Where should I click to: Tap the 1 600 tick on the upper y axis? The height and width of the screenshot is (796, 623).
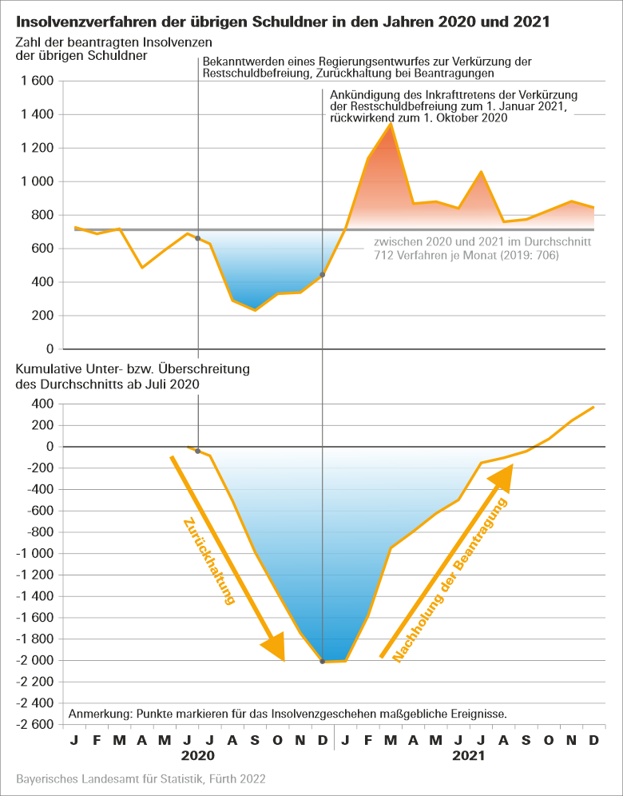tap(36, 82)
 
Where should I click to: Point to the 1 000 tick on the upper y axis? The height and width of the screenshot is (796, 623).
tap(36, 181)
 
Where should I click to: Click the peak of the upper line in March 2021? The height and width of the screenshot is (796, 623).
tap(391, 124)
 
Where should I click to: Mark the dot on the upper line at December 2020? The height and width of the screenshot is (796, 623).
tap(322, 275)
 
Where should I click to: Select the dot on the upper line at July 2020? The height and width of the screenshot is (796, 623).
tap(197, 238)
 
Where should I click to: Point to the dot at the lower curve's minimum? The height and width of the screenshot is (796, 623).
tap(322, 662)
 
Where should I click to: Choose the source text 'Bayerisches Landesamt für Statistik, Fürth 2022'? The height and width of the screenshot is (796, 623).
tap(141, 778)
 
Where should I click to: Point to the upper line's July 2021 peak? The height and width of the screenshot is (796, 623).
tap(481, 172)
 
